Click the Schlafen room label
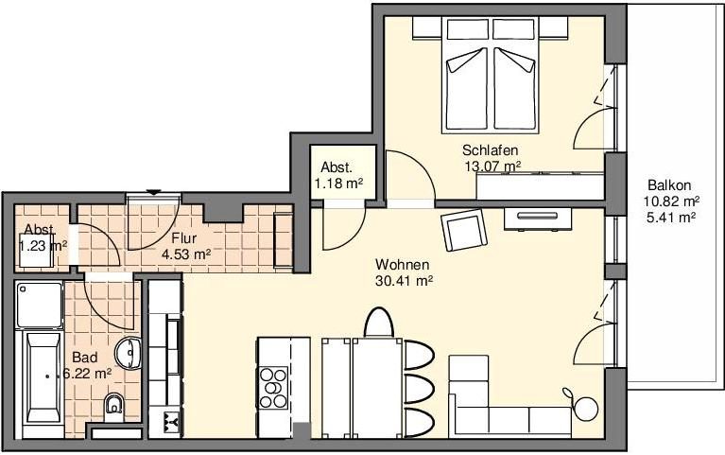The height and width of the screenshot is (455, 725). tap(491, 150)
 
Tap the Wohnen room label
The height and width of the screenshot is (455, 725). tap(403, 265)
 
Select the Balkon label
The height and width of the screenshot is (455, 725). tap(669, 185)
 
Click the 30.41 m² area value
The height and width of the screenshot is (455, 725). tap(405, 281)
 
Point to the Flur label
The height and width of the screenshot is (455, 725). tap(184, 238)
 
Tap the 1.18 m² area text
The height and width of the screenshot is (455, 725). tap(339, 184)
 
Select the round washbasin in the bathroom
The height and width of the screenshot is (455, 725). tap(129, 353)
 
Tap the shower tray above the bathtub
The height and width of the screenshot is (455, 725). tap(40, 305)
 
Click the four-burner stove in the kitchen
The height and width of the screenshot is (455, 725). tap(273, 387)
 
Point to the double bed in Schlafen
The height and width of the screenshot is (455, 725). tap(491, 76)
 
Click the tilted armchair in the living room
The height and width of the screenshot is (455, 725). tap(464, 230)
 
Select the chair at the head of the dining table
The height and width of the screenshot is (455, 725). tap(378, 323)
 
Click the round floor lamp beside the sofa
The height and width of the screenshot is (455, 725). tap(586, 409)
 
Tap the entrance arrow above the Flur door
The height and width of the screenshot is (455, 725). tap(153, 192)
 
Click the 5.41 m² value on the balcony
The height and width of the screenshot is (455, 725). tap(671, 217)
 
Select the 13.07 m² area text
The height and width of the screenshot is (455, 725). tap(492, 166)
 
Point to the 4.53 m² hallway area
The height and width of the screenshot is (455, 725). tap(186, 254)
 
